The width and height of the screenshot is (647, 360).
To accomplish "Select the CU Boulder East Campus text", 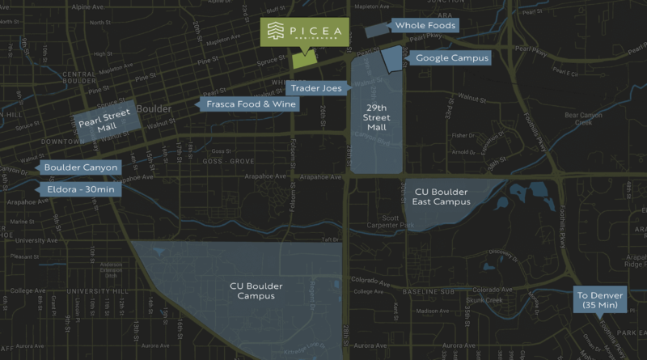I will (442, 197).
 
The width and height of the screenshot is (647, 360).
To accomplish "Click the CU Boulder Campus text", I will (252, 291).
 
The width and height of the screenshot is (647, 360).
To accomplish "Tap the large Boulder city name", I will (154, 108).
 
